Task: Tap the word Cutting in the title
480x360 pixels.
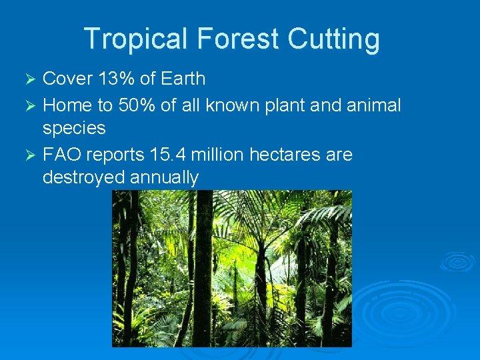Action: tap(333, 39)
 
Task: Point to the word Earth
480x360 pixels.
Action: tap(182, 79)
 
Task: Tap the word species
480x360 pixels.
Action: tap(74, 127)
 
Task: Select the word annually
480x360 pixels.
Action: tap(165, 177)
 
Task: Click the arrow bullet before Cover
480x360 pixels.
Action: tap(28, 79)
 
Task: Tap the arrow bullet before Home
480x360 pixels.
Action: tap(28, 106)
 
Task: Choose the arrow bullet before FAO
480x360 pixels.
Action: tap(28, 155)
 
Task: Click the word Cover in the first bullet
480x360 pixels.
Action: tap(67, 79)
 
